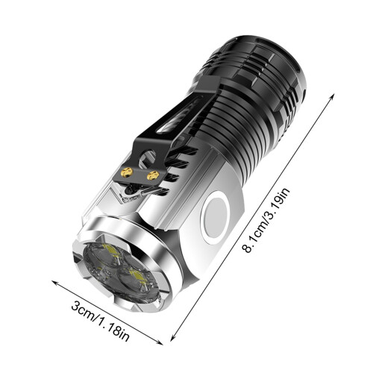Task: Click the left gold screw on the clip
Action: click(x=127, y=172)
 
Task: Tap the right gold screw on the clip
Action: click(x=153, y=175)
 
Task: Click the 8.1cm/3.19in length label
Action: click(x=267, y=220)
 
